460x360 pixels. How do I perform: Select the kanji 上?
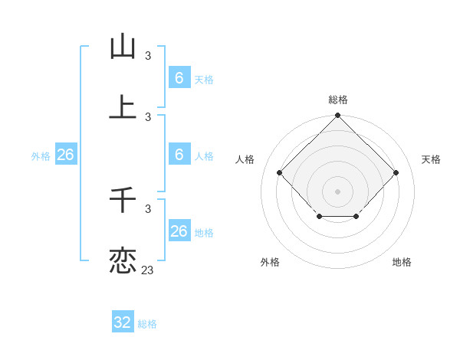(123, 106)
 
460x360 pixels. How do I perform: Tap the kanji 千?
(123, 200)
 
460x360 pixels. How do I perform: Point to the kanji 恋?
(123, 260)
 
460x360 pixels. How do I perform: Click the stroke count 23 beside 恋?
(148, 270)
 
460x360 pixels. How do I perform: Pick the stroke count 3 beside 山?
(148, 56)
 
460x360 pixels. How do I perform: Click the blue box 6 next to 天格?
(179, 77)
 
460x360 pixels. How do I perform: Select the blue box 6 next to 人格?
(179, 155)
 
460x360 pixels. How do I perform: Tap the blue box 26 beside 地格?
(179, 231)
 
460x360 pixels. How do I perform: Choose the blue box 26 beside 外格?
(65, 155)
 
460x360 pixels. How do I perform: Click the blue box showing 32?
(123, 322)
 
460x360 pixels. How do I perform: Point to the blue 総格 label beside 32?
(147, 324)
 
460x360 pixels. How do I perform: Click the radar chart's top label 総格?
(338, 100)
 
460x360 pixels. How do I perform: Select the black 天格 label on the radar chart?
(432, 159)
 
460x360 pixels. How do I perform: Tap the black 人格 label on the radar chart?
(245, 159)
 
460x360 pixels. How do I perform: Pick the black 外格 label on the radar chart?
(270, 262)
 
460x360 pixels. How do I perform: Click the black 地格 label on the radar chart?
(402, 262)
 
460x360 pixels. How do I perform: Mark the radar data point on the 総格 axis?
(338, 116)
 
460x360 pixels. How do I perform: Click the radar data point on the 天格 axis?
(396, 172)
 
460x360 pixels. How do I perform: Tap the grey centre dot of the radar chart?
(338, 191)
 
